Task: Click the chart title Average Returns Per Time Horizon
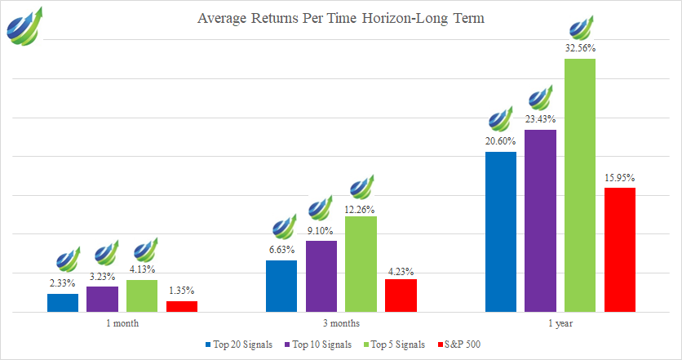(341, 19)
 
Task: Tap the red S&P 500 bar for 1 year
(619, 250)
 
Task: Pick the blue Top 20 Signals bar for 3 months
(281, 286)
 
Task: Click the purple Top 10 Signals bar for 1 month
(102, 299)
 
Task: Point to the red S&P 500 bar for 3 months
(401, 295)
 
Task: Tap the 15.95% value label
(619, 177)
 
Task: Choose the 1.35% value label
(181, 291)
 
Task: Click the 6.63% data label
(281, 250)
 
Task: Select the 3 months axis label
(341, 323)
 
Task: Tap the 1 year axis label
(560, 323)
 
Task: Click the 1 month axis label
(122, 323)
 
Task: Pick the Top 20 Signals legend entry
(242, 344)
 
